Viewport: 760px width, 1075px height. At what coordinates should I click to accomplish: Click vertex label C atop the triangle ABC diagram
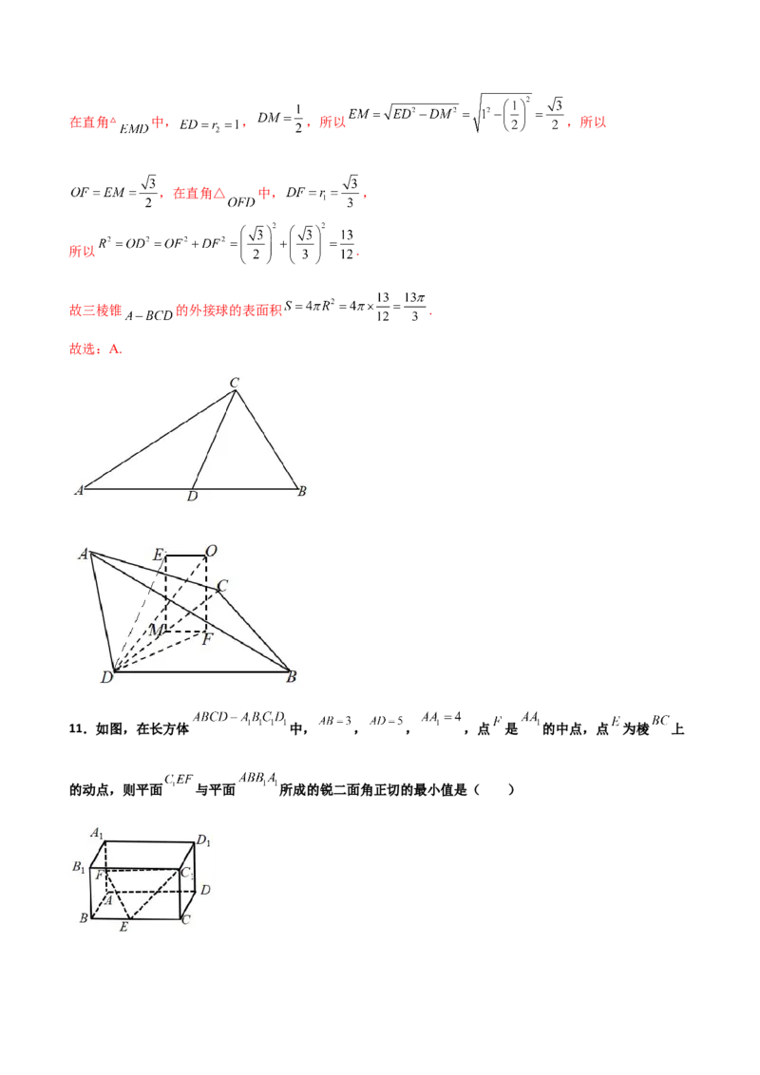click(234, 383)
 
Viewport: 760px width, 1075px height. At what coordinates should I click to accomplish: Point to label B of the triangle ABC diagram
click(301, 491)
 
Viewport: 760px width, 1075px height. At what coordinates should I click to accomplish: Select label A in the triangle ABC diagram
click(79, 491)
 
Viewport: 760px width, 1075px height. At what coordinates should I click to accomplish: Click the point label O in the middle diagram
click(211, 551)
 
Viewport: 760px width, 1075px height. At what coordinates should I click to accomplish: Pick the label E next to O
click(158, 553)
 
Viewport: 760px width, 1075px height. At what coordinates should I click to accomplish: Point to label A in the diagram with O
click(84, 554)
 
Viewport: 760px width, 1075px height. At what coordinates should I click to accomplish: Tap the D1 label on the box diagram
click(202, 839)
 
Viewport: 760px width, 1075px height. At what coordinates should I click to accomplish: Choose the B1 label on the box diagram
click(81, 866)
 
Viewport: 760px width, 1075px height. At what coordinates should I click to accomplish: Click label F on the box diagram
click(99, 873)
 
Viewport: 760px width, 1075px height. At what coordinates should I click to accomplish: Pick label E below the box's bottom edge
click(123, 927)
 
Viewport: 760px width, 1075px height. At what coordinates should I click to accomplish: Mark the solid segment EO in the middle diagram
click(187, 556)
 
